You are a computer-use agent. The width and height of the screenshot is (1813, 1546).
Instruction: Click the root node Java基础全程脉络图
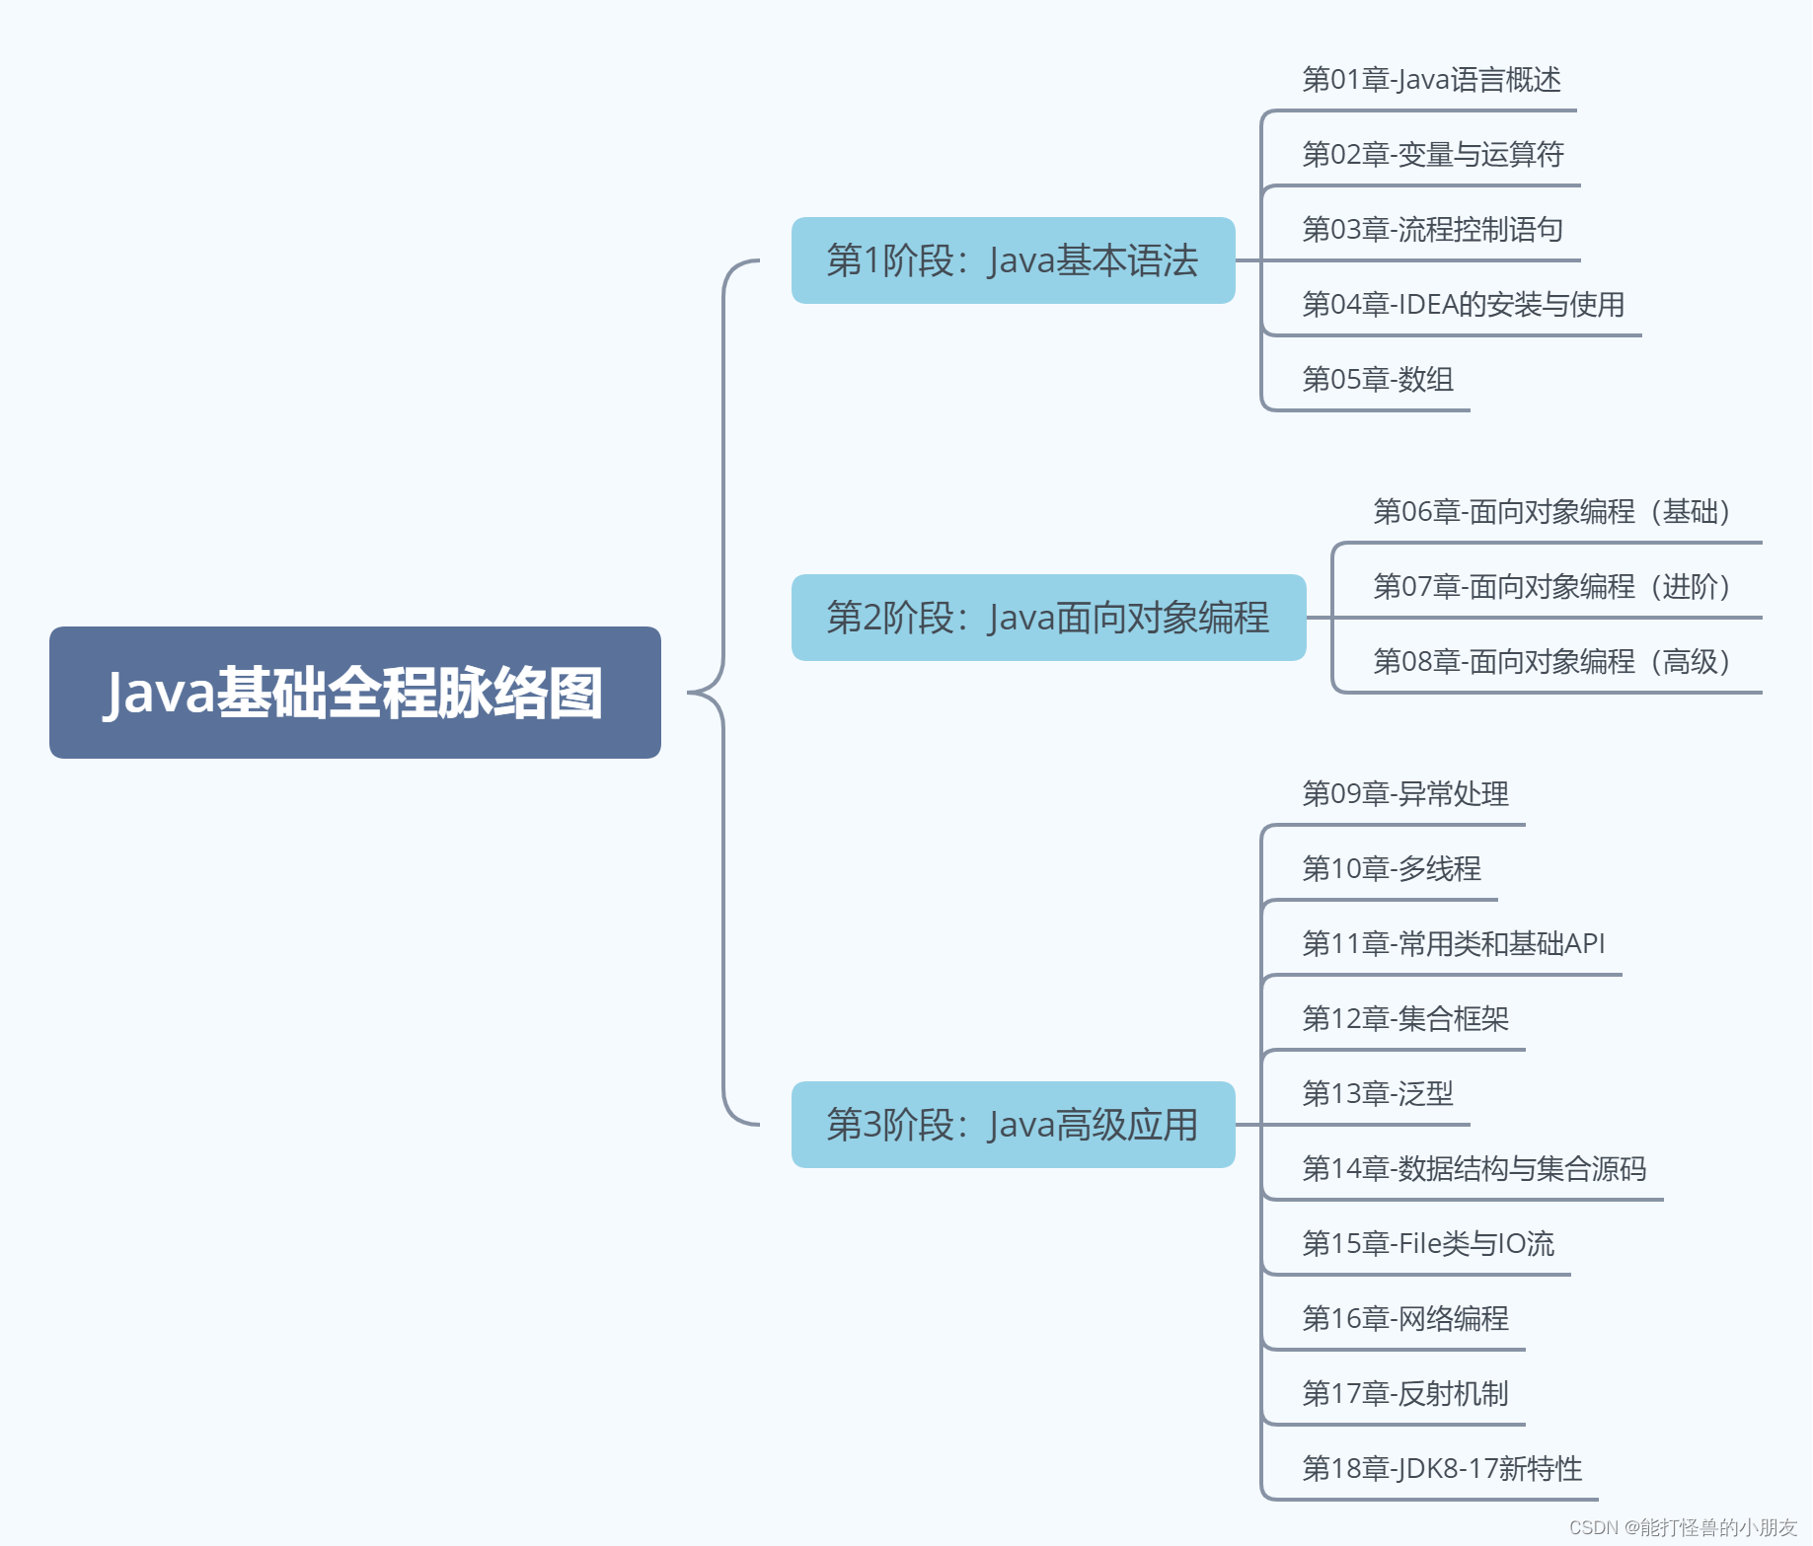[354, 693]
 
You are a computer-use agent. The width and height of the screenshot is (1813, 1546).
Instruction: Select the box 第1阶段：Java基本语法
[1013, 260]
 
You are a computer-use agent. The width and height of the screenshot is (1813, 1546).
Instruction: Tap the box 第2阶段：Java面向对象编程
[1048, 618]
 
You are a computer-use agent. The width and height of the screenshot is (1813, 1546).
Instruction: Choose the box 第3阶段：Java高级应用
[1013, 1125]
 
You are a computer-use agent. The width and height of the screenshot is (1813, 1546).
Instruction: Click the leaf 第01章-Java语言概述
[1431, 80]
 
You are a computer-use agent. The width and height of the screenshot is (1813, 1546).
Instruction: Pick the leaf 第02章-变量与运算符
[1433, 155]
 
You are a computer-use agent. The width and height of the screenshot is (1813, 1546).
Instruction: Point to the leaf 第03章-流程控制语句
[1432, 230]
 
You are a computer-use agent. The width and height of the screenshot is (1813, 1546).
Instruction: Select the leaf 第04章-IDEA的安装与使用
[1463, 305]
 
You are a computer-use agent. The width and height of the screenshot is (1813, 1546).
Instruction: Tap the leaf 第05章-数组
[1378, 380]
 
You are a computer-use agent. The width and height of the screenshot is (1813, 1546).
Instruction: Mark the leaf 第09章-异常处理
[1405, 794]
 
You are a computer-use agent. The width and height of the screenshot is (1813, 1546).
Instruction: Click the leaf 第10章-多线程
[1392, 869]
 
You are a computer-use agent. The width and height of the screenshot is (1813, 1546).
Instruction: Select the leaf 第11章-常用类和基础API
[1453, 944]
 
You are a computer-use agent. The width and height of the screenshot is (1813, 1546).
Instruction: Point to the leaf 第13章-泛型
[1378, 1094]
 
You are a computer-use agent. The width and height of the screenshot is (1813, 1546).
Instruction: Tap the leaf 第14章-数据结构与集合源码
[1473, 1169]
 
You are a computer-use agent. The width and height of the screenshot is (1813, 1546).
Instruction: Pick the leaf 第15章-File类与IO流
[1428, 1244]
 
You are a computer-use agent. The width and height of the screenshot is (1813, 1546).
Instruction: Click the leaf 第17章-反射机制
[1405, 1394]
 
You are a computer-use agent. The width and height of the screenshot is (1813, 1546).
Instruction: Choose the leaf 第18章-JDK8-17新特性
[1442, 1469]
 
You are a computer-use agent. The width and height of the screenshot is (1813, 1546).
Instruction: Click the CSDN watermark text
[1683, 1527]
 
